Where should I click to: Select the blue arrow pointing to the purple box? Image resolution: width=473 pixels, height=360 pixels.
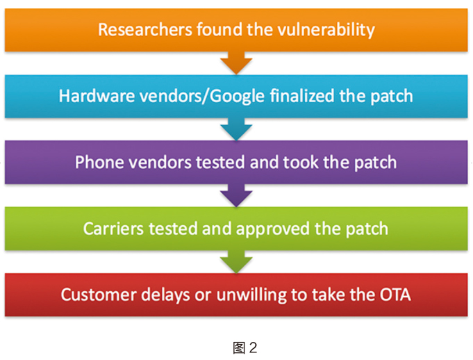click(x=236, y=129)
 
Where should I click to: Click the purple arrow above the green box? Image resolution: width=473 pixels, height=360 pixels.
click(x=236, y=195)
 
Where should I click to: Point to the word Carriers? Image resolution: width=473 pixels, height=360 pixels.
click(x=114, y=228)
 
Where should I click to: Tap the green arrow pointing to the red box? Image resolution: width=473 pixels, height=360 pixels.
click(x=236, y=261)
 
